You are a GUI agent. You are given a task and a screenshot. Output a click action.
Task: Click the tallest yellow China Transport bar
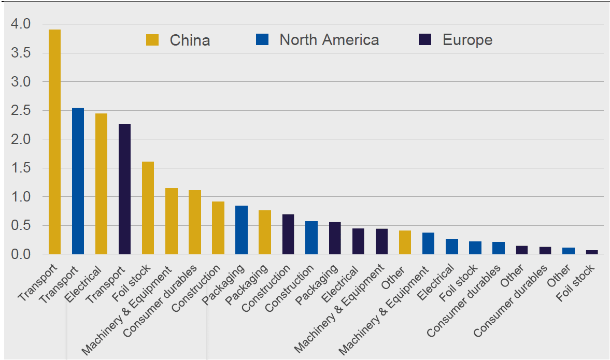tap(54, 142)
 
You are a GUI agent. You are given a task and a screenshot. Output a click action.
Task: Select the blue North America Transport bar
tap(78, 181)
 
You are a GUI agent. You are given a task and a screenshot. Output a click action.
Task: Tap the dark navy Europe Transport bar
tap(124, 189)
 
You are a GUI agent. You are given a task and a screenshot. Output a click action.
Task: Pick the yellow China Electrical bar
tap(101, 184)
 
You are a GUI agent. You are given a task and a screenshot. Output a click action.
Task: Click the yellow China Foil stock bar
tap(148, 208)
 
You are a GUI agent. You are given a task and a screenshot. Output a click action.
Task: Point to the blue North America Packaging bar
tap(242, 230)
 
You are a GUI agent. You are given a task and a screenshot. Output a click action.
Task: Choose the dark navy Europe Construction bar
tap(288, 234)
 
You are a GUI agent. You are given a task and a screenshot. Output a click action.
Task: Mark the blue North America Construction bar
tap(311, 238)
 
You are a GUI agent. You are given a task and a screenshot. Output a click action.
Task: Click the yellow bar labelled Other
tap(405, 242)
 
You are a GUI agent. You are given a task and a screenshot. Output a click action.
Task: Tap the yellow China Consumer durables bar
tap(194, 222)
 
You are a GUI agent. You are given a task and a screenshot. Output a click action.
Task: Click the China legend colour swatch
tap(152, 40)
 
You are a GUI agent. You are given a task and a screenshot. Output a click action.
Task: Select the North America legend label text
tap(329, 40)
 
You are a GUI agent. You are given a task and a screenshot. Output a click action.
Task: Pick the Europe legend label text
tap(467, 40)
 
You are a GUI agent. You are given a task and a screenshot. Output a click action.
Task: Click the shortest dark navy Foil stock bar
tap(592, 252)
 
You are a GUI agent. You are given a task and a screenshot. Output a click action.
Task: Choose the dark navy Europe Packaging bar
tap(335, 238)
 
